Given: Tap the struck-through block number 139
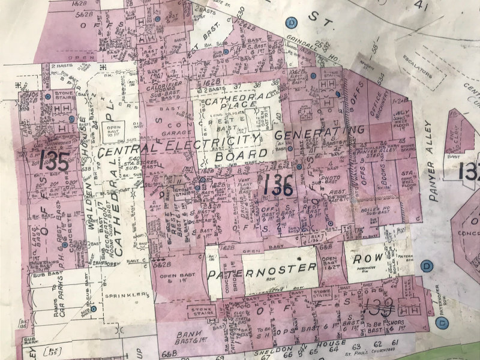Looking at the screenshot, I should pyautogui.click(x=379, y=308).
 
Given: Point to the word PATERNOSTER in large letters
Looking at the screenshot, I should pyautogui.click(x=262, y=269).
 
